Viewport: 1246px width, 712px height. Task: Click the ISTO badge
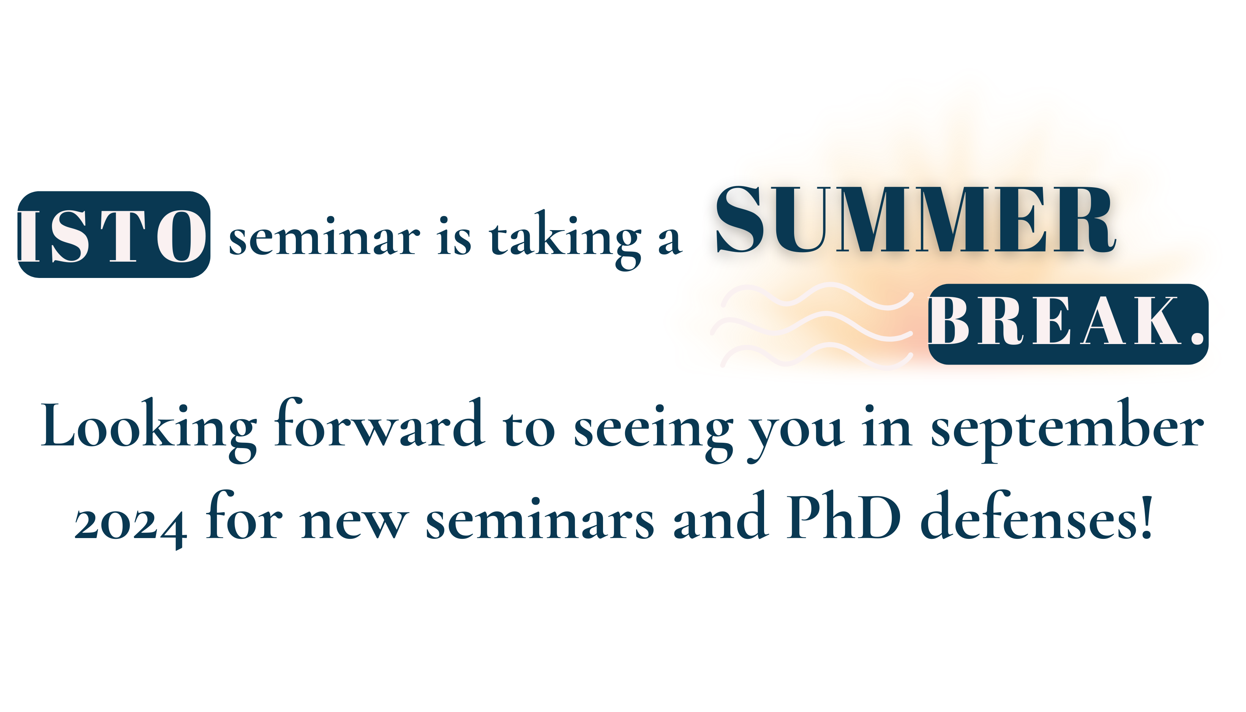[114, 235]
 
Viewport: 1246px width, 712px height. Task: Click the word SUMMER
[916, 219]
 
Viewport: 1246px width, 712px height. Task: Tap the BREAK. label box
[1069, 324]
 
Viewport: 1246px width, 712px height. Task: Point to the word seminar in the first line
[324, 237]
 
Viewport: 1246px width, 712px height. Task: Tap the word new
[355, 524]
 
